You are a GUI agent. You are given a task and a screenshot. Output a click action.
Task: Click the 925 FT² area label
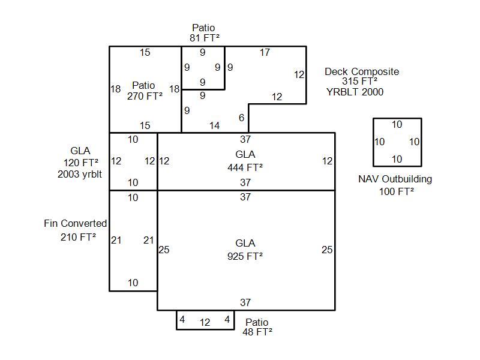[245, 256]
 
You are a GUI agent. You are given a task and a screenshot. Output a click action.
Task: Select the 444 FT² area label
[245, 167]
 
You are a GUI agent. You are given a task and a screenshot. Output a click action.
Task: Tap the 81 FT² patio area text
[203, 38]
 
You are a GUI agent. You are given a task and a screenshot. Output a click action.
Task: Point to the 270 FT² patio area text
[145, 95]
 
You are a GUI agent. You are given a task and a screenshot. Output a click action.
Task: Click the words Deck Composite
[361, 71]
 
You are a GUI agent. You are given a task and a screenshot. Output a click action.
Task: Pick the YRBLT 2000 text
[355, 92]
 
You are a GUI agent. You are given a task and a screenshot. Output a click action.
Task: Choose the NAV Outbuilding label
[395, 179]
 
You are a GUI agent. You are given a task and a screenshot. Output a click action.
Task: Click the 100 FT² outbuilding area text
[396, 191]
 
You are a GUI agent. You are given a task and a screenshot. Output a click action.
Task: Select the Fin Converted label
[76, 223]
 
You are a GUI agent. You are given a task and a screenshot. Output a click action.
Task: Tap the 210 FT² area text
[78, 237]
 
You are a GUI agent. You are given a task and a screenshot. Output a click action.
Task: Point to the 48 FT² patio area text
[257, 331]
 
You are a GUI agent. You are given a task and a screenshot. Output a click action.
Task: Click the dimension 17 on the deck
[265, 53]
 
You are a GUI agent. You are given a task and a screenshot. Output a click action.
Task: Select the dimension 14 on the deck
[214, 125]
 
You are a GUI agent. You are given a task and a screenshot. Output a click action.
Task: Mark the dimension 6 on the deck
[241, 118]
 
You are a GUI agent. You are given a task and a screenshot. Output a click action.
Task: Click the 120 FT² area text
[81, 162]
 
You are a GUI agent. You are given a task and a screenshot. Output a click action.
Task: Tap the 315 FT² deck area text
[359, 82]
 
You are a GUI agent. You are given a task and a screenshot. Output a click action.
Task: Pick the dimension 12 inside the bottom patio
[205, 322]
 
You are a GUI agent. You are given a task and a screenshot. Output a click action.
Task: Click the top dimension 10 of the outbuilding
[397, 125]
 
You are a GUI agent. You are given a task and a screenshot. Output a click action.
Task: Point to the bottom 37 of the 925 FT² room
[245, 303]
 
